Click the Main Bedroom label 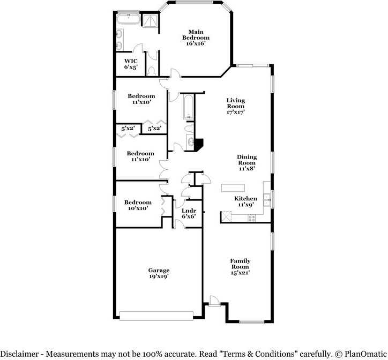coord(196,38)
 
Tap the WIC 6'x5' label coord(131,64)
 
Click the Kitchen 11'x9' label coord(245,201)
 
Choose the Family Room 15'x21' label coord(241,267)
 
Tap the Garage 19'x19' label coord(159,274)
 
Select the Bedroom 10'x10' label coord(138,206)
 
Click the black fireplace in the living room coord(199,144)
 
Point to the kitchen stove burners coord(250,217)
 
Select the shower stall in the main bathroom coord(151,20)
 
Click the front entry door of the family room coord(215,302)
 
